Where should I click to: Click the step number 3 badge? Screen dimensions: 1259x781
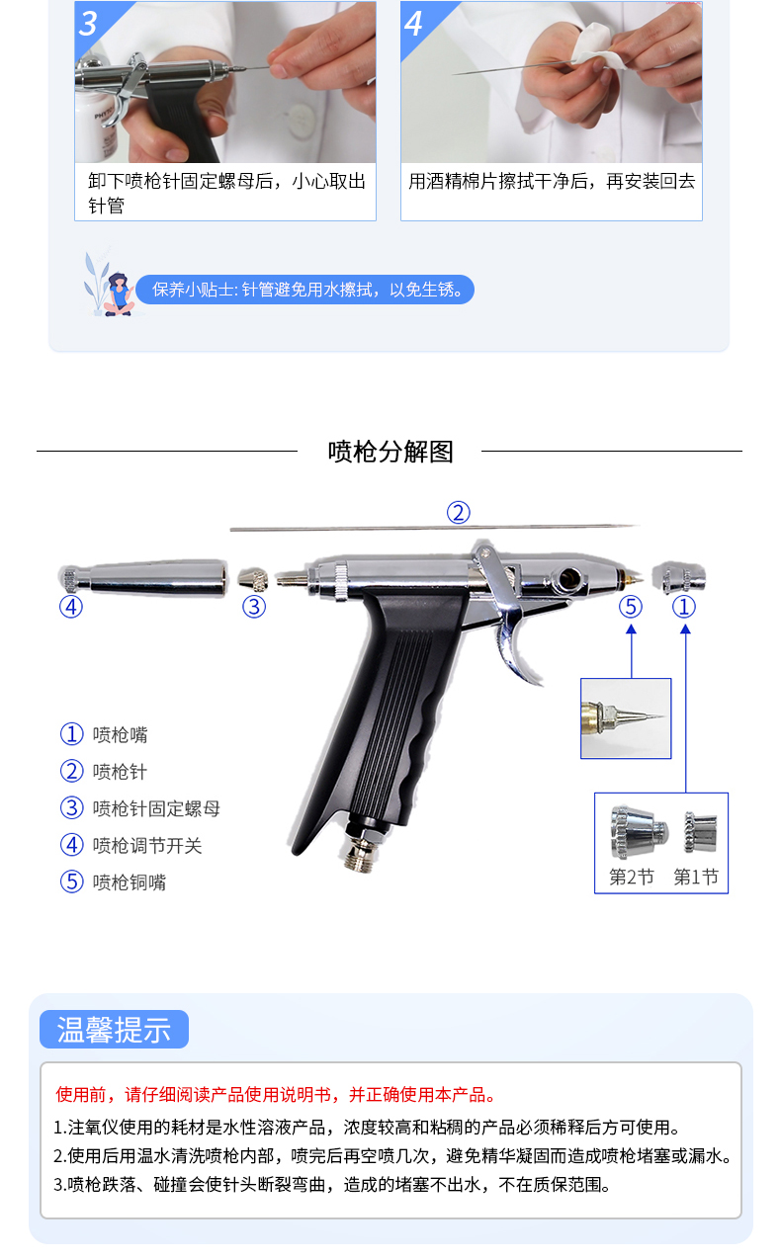tap(89, 23)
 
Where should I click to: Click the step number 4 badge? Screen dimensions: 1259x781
tap(414, 23)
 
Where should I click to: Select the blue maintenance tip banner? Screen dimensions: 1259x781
tap(305, 290)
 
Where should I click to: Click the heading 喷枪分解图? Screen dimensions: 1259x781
tap(390, 452)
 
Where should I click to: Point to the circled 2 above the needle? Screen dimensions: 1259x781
tap(458, 512)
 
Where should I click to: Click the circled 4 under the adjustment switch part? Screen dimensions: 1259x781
tap(71, 606)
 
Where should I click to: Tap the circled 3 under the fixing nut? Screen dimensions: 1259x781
tap(254, 606)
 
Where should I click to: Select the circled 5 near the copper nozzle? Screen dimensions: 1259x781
tap(631, 606)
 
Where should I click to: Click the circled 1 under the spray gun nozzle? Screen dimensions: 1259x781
tap(684, 606)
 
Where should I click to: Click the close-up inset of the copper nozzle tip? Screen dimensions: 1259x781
tap(625, 718)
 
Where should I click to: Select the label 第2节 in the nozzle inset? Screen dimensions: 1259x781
tap(631, 877)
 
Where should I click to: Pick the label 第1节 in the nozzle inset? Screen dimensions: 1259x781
tap(695, 877)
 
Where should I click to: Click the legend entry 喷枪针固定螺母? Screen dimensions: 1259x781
tap(156, 808)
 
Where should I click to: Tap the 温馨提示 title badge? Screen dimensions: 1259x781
tap(114, 1029)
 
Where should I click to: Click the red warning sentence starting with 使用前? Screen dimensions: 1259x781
tap(276, 1094)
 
